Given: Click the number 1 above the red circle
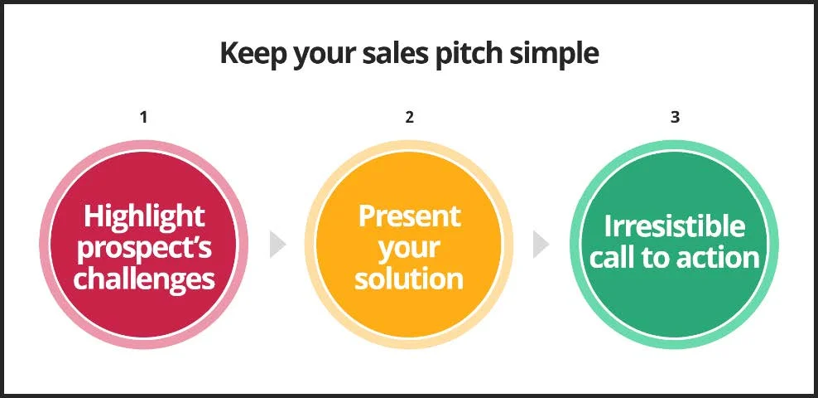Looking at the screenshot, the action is pyautogui.click(x=143, y=117).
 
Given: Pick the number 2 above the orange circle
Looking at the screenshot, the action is pyautogui.click(x=409, y=117).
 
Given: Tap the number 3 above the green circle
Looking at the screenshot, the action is pyautogui.click(x=675, y=117).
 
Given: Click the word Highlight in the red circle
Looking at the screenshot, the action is pyautogui.click(x=144, y=216).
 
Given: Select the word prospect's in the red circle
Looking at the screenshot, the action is pyautogui.click(x=144, y=248).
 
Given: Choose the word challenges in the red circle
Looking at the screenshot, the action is pyautogui.click(x=144, y=278).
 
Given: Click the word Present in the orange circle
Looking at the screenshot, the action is pyautogui.click(x=410, y=216).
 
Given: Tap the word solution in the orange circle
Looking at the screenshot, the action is pyautogui.click(x=409, y=278).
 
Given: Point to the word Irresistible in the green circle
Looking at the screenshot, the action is pyautogui.click(x=675, y=226).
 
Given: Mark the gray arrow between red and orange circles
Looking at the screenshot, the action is pyautogui.click(x=277, y=245).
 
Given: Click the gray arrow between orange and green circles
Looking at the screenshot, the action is pyautogui.click(x=541, y=245).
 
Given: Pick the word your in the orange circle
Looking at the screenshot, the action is pyautogui.click(x=410, y=250).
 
